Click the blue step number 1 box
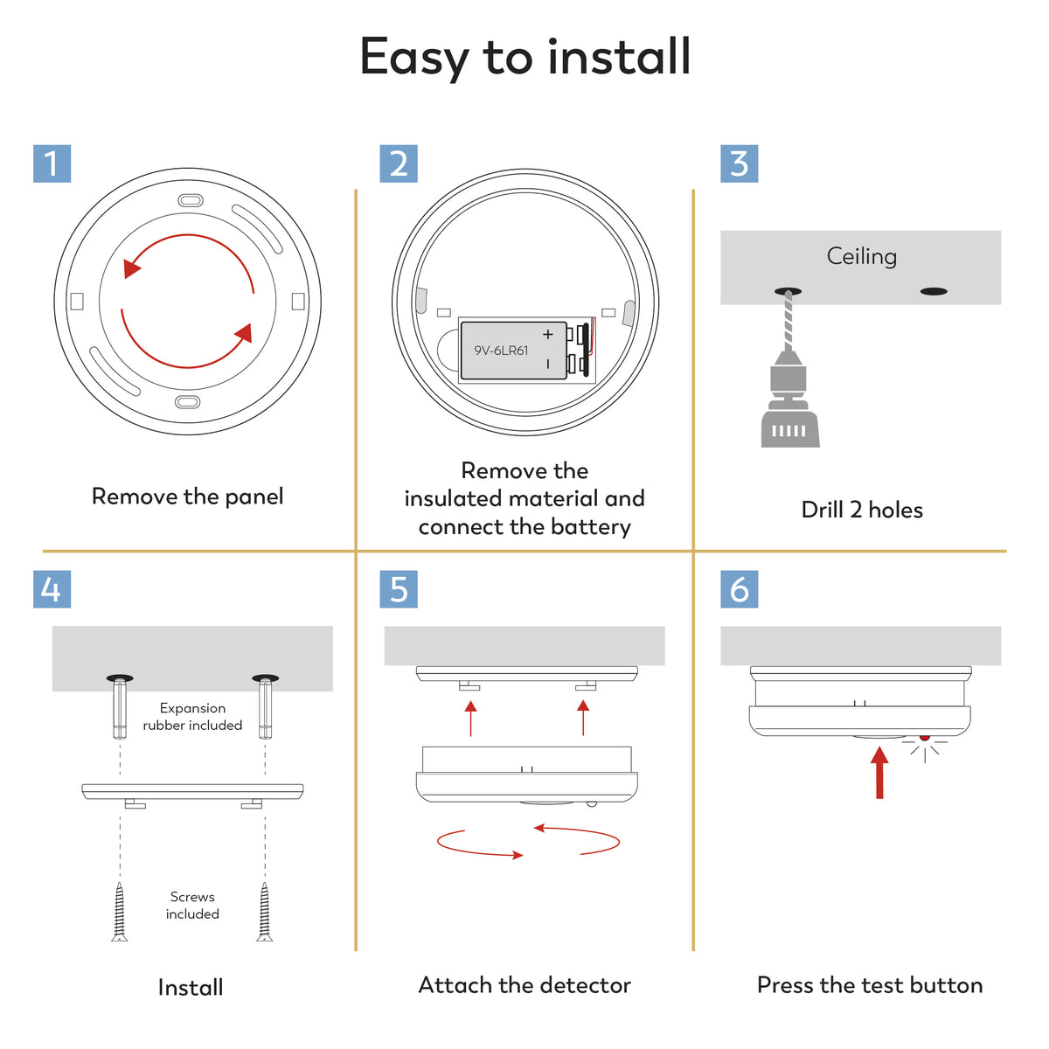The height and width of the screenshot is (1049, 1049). click(x=52, y=163)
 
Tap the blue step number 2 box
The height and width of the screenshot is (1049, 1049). click(x=399, y=163)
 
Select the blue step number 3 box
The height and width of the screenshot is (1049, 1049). click(x=740, y=163)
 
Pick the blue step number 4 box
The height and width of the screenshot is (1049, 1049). click(x=52, y=589)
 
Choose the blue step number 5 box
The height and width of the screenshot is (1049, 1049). click(x=399, y=589)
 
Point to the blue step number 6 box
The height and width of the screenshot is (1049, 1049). click(x=740, y=589)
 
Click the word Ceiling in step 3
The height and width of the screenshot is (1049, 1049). click(x=862, y=256)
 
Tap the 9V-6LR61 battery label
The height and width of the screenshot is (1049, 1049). click(x=501, y=351)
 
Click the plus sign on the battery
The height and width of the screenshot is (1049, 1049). click(x=547, y=334)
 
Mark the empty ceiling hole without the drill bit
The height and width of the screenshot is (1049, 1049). click(x=934, y=292)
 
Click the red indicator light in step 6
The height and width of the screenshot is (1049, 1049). click(x=924, y=738)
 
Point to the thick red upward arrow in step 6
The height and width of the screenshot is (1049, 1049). click(x=879, y=773)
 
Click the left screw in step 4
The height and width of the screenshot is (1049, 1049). click(x=119, y=911)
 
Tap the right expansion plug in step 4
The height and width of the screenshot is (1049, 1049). click(x=265, y=709)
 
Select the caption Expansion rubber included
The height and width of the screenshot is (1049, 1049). click(x=192, y=717)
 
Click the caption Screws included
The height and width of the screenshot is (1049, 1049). click(x=192, y=905)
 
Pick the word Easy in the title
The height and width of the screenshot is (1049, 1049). click(x=414, y=59)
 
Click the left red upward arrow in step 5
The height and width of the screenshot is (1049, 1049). click(x=471, y=719)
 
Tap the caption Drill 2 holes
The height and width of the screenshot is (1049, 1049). click(x=862, y=510)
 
